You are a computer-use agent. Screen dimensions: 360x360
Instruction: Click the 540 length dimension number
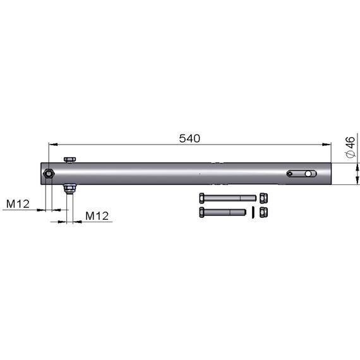(189, 138)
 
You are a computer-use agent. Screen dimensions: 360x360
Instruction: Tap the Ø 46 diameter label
(351, 147)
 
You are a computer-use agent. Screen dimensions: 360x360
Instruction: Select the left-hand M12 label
(18, 204)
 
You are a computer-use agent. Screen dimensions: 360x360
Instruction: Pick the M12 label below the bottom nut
(97, 216)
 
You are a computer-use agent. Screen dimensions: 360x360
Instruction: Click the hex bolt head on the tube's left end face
(49, 174)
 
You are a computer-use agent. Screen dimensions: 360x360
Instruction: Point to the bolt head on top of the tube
(70, 160)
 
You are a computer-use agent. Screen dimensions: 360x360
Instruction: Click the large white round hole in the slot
(308, 174)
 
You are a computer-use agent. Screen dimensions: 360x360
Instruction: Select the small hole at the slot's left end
(290, 174)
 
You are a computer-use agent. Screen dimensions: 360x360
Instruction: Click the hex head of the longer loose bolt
(201, 198)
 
